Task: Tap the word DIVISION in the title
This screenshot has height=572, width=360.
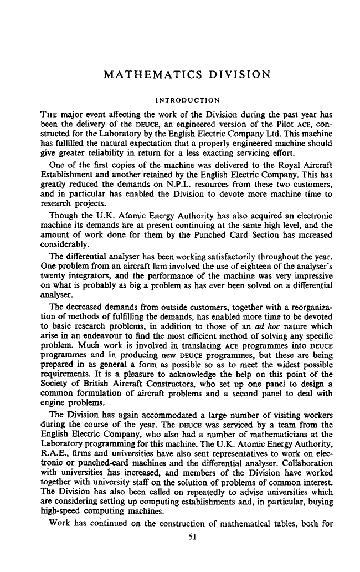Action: coord(235,74)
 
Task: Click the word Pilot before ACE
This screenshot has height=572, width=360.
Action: coord(274,125)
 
